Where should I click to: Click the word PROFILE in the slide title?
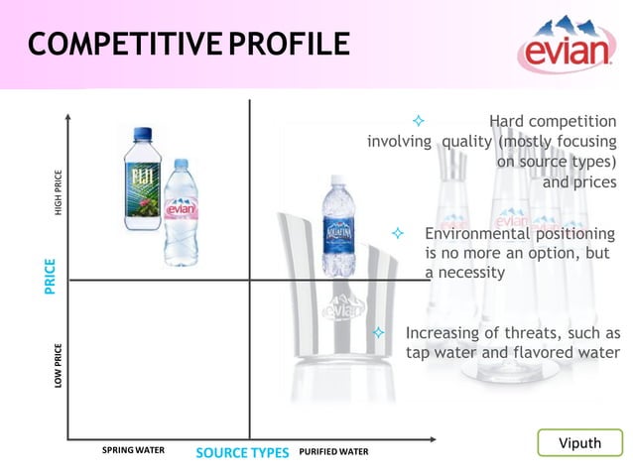point(289,46)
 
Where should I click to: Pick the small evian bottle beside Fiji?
point(181,214)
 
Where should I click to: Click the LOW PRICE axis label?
point(59,366)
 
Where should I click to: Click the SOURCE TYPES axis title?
point(242,453)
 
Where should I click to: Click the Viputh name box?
point(580,443)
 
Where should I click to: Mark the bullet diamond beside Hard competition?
point(418,121)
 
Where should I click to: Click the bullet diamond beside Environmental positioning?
point(398,233)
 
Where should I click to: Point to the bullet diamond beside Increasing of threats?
point(378,333)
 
